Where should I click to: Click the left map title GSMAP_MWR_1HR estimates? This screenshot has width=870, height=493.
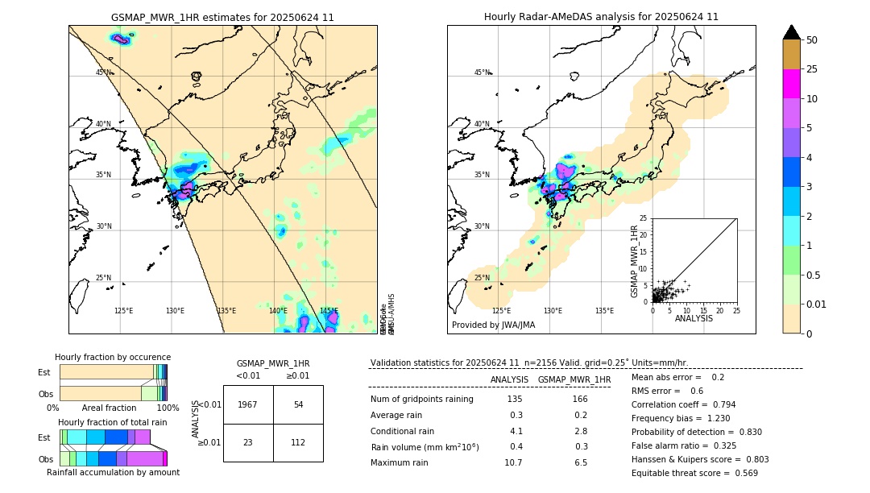pos(222,17)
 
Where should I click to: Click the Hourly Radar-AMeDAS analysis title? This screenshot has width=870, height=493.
pos(601,17)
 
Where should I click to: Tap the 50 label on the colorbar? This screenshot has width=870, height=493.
pos(812,40)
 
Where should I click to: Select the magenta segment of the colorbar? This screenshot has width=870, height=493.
pos(791,84)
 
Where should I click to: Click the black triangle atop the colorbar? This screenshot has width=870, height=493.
pos(791,32)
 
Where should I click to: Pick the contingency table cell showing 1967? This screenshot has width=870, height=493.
pos(248,404)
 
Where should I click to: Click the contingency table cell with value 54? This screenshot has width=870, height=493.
pos(298,404)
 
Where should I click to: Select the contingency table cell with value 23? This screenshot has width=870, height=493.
pos(248,442)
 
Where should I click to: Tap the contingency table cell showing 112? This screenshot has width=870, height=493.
pos(298,442)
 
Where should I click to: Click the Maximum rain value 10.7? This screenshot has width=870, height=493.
pos(513,462)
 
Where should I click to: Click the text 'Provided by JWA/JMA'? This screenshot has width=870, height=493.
pos(493,325)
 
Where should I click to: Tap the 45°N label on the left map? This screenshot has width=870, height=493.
pos(103,72)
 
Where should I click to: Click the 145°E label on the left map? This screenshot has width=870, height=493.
pos(329,311)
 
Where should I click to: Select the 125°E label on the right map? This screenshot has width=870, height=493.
pos(501,311)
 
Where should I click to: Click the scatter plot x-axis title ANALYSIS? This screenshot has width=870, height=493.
pos(694,318)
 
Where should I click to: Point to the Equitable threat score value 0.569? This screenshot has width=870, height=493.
pos(739,473)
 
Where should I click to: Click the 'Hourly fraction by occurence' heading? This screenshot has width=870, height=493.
pos(113,357)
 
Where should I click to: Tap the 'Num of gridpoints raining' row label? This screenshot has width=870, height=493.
pos(421,400)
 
